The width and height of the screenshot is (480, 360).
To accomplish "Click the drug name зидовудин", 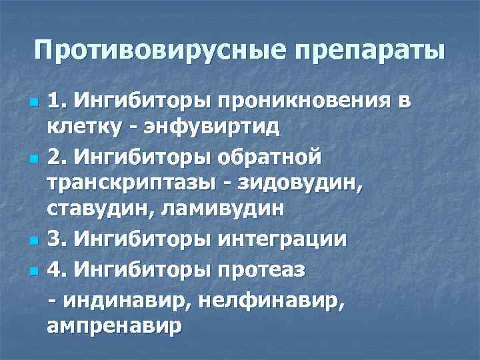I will coord(292,183).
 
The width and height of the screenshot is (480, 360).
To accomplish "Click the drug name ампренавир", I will coord(114,326).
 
